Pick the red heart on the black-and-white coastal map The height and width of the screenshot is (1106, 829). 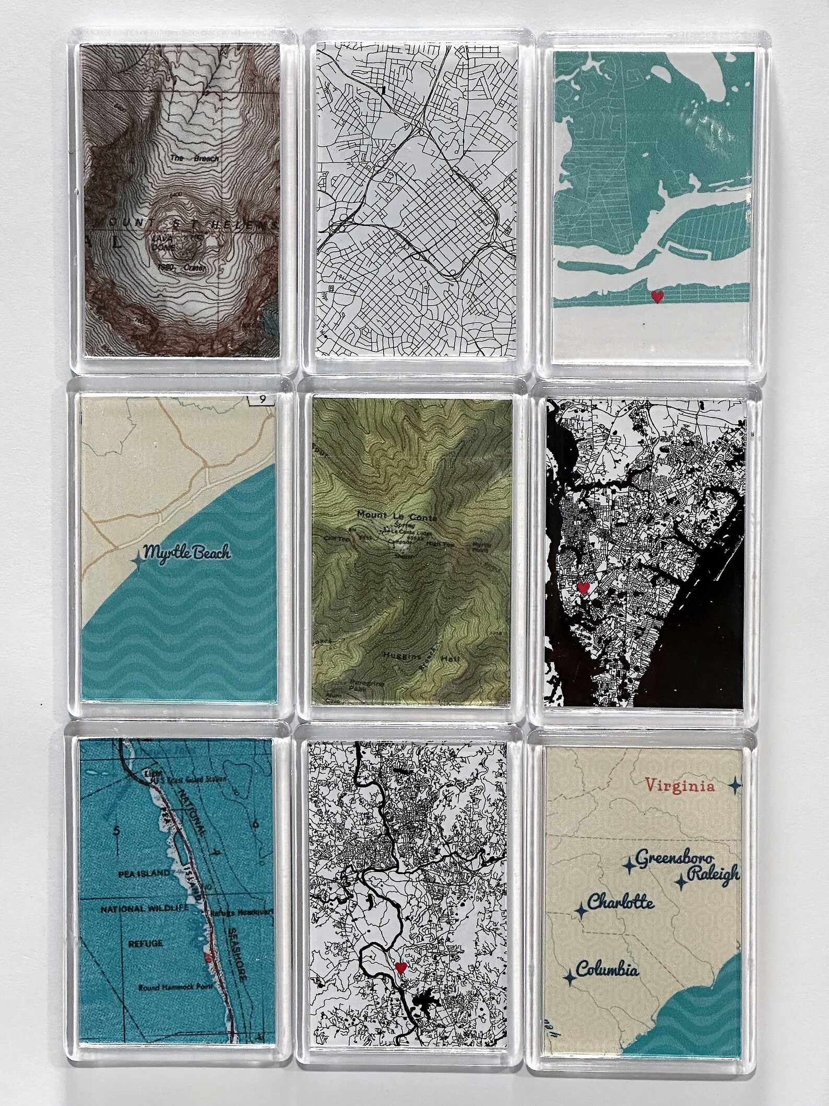(x=584, y=588)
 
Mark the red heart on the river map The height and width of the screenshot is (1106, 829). (x=400, y=967)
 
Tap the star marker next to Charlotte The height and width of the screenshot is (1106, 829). (x=579, y=912)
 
